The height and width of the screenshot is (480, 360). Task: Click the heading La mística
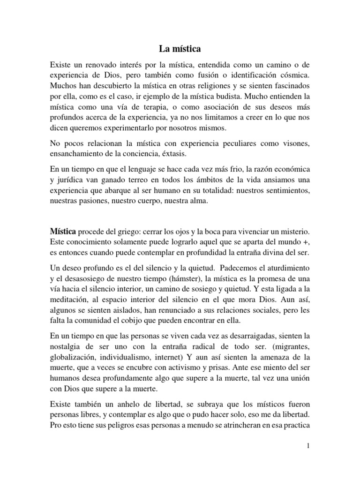180,48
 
